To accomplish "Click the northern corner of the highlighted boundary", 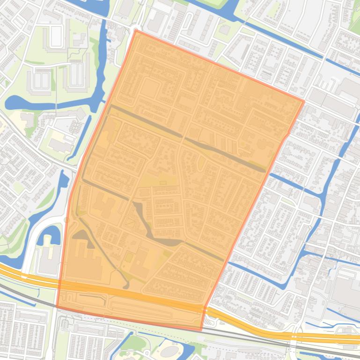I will point(136,31).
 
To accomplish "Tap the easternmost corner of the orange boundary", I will point(303,101).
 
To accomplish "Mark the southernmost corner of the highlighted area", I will point(201,330).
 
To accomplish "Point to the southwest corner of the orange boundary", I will point(57,307).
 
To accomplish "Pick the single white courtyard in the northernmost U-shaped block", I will point(56,36).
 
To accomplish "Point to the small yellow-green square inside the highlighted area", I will point(128,257).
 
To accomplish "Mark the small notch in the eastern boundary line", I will point(287,135).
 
